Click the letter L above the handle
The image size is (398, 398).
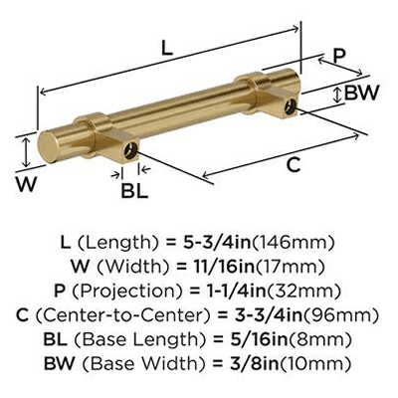click(x=167, y=49)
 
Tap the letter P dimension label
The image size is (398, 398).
click(x=339, y=56)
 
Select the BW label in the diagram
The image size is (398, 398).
click(x=361, y=93)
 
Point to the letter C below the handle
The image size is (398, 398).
click(x=294, y=165)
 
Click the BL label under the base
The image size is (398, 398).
click(x=134, y=191)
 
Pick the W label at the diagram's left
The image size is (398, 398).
click(x=27, y=184)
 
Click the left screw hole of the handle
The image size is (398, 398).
click(x=130, y=150)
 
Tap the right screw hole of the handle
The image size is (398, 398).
click(x=290, y=106)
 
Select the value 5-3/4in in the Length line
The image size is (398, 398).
click(x=217, y=243)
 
